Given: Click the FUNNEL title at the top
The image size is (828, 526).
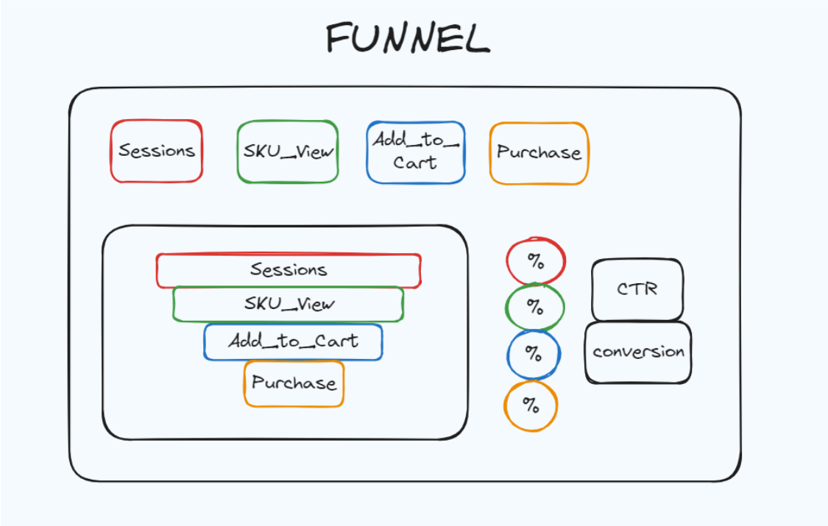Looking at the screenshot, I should pos(408,38).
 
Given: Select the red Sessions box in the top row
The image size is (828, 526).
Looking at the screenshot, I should pos(157,152).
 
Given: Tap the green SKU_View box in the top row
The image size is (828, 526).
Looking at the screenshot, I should pos(288,152).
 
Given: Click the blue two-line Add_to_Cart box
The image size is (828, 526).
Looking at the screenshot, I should pos(416,152).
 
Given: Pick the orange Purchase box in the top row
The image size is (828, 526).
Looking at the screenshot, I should pos(539,153).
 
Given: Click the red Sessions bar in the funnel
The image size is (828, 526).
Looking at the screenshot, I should pos(289,270).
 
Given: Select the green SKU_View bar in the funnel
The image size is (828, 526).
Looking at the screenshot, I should pos(289,304).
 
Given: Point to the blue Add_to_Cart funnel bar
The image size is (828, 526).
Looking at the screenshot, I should pos(293,341).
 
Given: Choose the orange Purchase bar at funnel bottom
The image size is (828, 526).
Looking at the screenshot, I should pos(294,383).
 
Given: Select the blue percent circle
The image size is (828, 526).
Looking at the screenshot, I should pos(534,353).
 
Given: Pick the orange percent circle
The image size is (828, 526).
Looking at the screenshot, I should pos(531,405).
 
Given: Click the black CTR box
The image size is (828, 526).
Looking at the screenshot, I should pos(637,289).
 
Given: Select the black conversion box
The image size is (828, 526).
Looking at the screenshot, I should pos(638,352).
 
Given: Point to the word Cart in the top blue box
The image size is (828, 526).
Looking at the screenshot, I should pos(415,163).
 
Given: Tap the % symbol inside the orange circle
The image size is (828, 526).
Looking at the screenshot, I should pos(531,405).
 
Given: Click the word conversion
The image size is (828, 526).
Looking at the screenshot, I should pos(638,352).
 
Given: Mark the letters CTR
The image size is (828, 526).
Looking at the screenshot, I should pos(637,289).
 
